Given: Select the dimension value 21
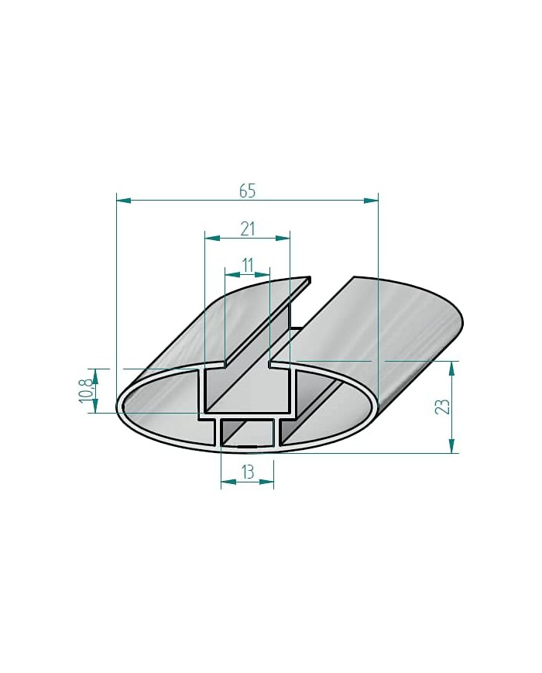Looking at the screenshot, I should [x=247, y=228].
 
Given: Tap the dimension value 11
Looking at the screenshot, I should [x=247, y=265].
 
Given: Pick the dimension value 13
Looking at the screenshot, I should [x=247, y=470].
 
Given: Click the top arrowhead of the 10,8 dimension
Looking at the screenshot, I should [x=95, y=375].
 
